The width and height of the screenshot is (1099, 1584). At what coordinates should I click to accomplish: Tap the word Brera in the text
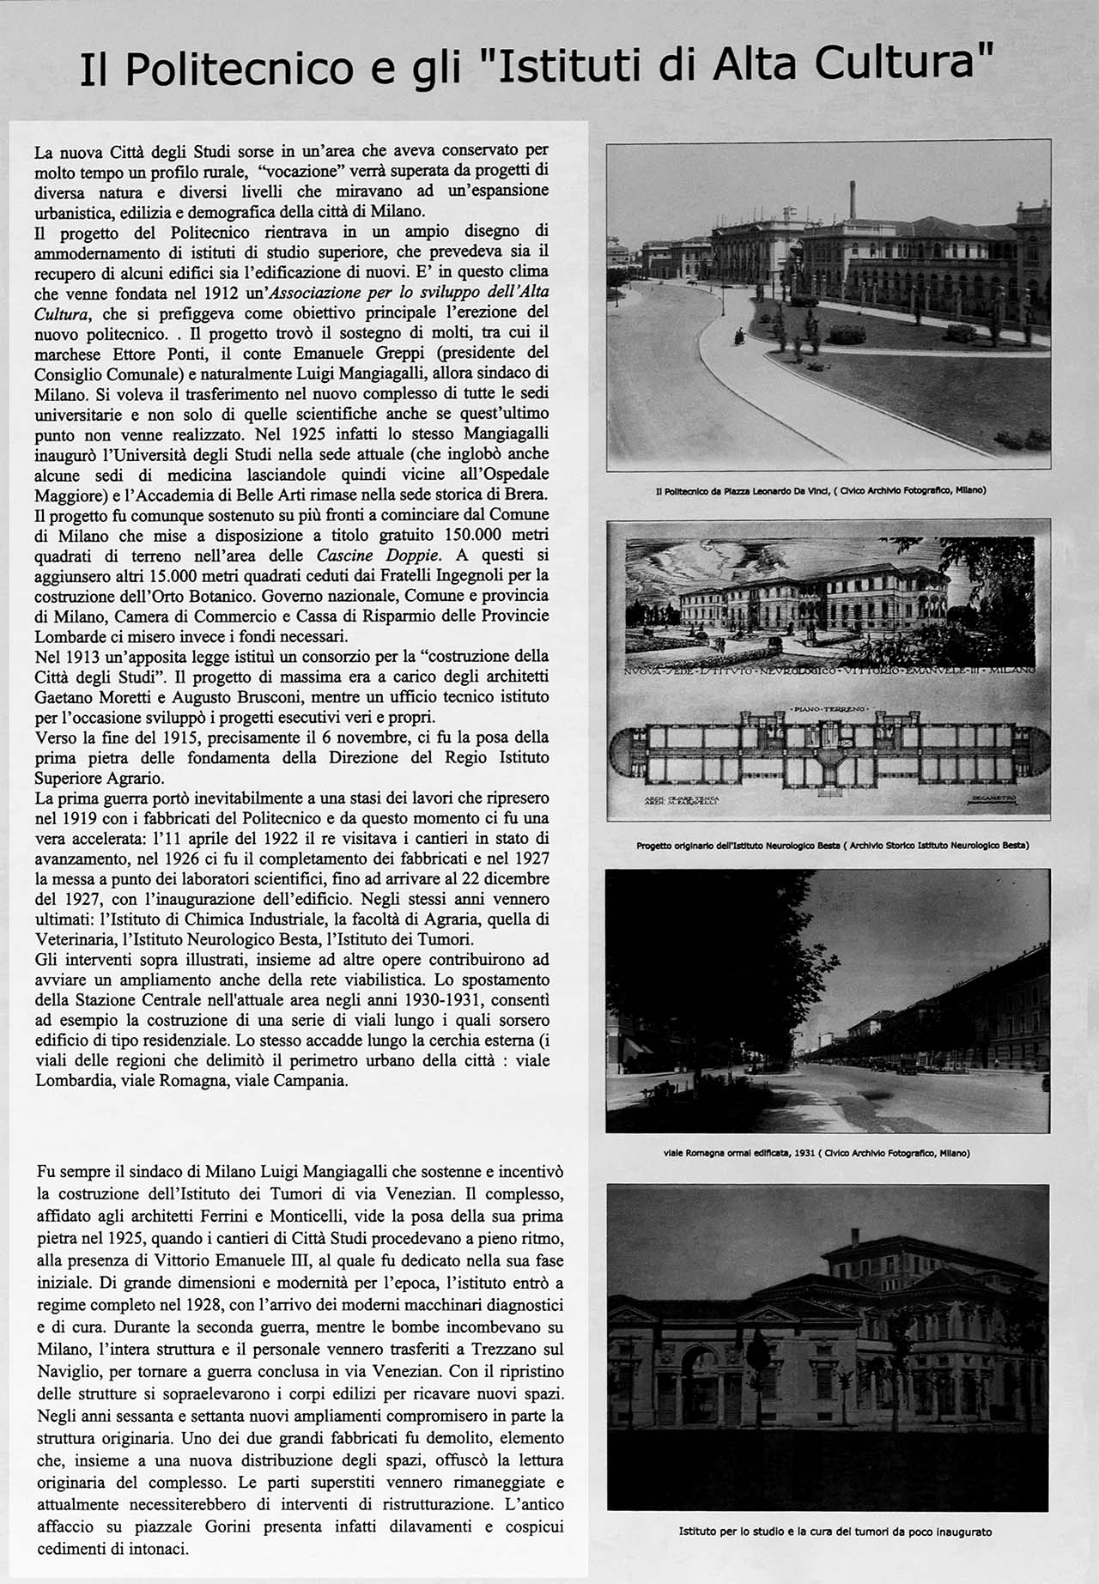[x=528, y=495]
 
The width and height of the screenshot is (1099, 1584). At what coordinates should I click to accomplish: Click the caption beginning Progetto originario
[x=828, y=846]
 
